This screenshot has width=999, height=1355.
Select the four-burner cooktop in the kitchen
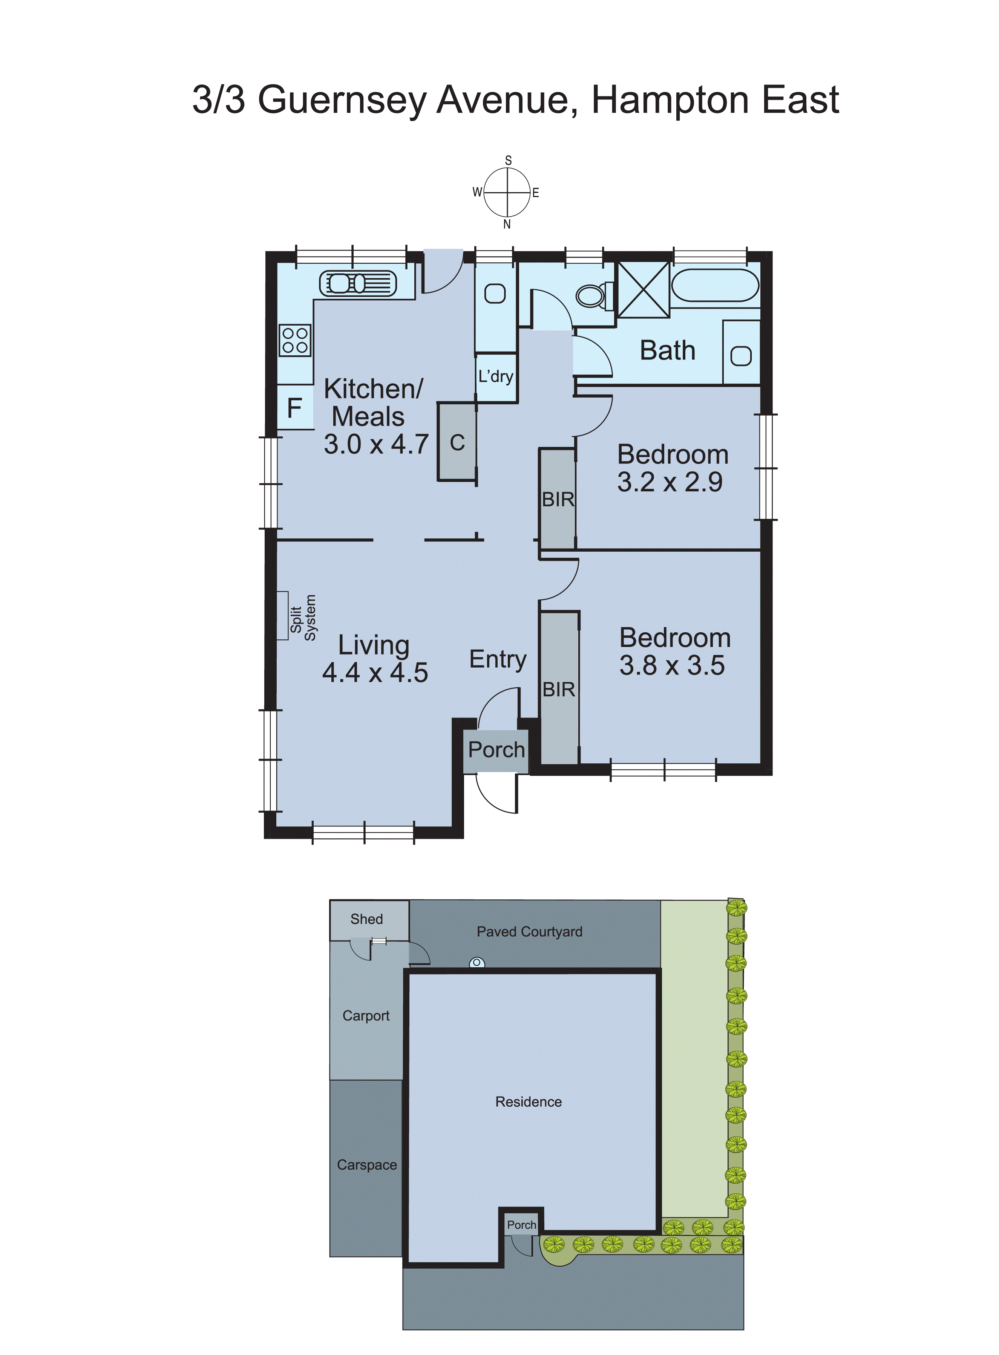295,340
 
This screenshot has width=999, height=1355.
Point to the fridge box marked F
294,408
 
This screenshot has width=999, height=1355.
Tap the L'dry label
495,376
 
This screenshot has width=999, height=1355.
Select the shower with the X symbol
643,289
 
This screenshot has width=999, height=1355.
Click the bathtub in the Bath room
715,284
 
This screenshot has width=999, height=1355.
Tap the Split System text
302,618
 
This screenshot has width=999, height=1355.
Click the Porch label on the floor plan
496,749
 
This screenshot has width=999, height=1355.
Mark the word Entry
497,659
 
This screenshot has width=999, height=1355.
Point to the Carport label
365,1015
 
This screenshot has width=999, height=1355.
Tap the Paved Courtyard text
529,931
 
